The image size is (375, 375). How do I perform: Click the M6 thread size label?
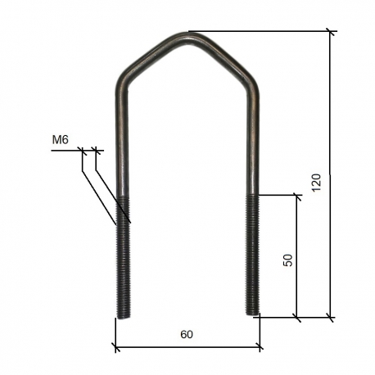point(59,141)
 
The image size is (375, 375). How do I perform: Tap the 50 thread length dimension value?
point(287,260)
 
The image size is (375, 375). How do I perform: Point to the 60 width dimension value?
point(187,334)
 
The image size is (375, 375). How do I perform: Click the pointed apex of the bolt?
point(187,35)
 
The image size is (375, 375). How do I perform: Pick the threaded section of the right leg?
point(253,254)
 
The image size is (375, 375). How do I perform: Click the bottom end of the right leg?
point(253,312)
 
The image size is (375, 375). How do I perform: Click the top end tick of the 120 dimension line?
point(332,32)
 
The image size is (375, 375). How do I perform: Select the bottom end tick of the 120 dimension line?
point(332,317)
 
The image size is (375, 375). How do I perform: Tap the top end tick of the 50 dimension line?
point(296,195)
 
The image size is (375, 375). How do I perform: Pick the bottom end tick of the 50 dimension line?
point(296,317)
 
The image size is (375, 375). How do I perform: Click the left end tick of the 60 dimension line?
point(115,348)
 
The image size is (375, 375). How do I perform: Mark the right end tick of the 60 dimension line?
point(260,348)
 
